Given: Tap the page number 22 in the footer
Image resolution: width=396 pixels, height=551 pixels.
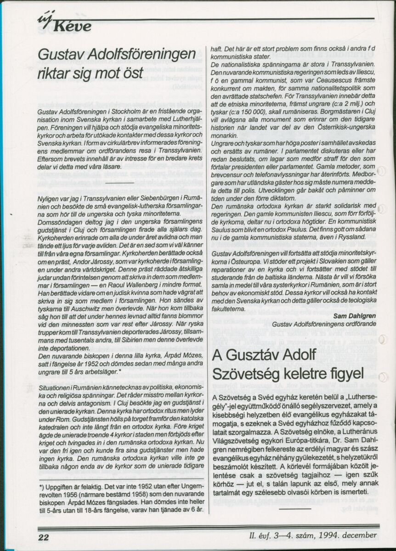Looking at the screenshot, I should (x=44, y=536).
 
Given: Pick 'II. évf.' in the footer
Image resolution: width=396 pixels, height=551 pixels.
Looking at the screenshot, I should (x=260, y=535).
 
